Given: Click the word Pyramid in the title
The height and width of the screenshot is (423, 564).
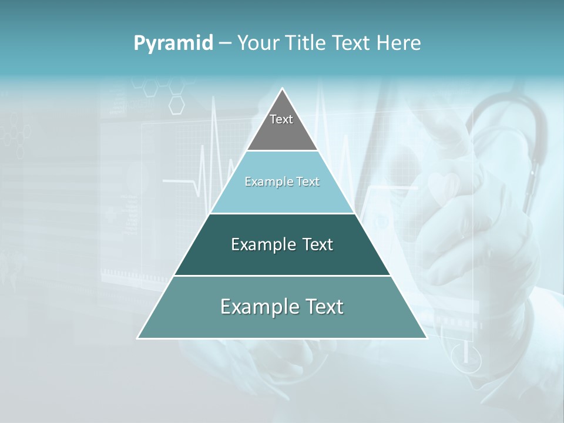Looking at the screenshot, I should (x=173, y=43).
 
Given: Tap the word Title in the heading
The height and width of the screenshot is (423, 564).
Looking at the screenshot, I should (x=309, y=43).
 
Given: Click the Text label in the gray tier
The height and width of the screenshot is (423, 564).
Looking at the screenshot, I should (x=281, y=119).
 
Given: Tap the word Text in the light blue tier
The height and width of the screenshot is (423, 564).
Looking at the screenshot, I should (x=308, y=182).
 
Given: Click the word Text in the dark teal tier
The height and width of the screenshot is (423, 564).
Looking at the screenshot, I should (x=318, y=244).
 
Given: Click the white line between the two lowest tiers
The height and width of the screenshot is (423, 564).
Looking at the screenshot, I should (x=282, y=276).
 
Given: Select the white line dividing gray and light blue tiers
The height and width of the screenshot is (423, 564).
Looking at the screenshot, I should (x=282, y=151).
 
